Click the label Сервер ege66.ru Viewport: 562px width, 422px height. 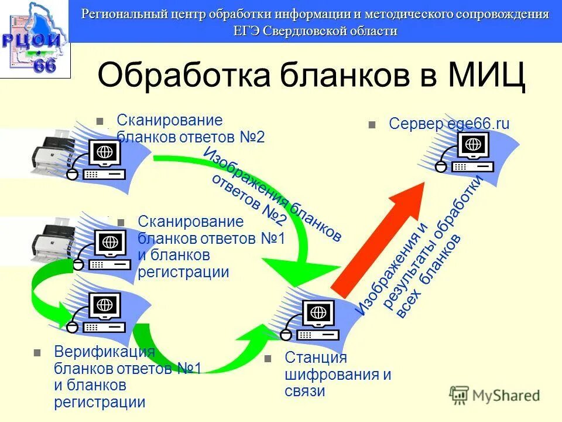click(449, 124)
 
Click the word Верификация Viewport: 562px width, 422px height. click(104, 352)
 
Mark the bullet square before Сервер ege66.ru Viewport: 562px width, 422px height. click(371, 125)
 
